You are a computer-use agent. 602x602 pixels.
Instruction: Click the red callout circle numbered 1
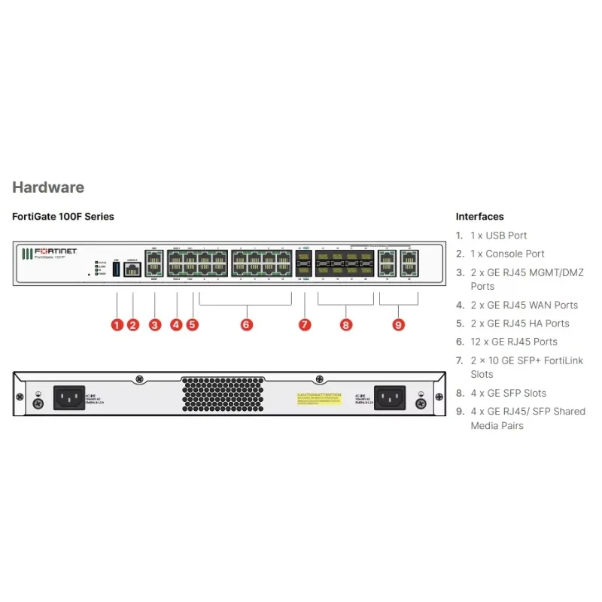(117, 325)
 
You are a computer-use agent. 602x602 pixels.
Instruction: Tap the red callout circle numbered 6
(247, 325)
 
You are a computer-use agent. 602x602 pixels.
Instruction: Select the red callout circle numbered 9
(398, 325)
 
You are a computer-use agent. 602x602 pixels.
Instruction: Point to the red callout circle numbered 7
(305, 325)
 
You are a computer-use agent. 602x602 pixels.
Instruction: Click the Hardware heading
(48, 187)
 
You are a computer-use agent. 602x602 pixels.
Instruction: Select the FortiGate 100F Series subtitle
(63, 217)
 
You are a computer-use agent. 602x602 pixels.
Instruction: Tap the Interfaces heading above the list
(479, 217)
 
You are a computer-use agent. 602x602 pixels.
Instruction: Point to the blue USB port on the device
(117, 269)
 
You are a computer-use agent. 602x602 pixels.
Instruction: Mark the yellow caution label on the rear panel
(319, 398)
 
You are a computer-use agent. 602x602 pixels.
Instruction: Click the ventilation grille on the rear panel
(225, 394)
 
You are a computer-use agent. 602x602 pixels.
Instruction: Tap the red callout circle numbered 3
(155, 325)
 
